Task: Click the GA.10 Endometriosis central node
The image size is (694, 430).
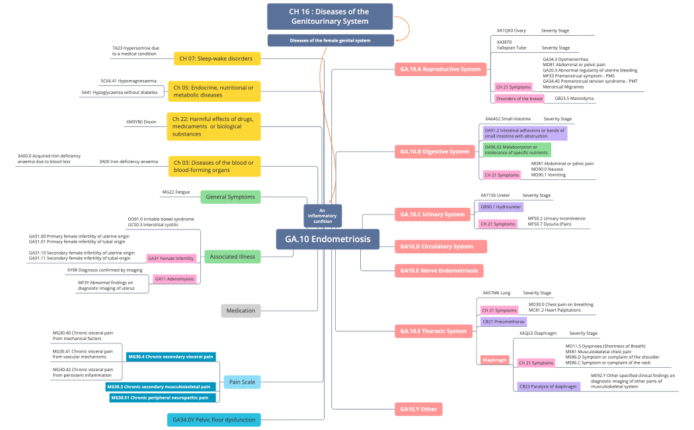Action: point(327,239)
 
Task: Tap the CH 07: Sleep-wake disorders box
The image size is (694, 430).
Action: point(217,58)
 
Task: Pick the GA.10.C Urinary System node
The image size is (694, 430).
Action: point(432,214)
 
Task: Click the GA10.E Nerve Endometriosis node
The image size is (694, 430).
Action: point(438,271)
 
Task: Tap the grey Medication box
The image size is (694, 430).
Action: point(241,311)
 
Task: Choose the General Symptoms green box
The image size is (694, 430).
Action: point(231,196)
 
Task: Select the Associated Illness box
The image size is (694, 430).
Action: point(232,256)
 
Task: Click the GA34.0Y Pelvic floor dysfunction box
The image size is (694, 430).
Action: point(213,419)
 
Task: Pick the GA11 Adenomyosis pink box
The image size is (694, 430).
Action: point(174,279)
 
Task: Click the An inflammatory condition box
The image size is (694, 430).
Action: point(323,215)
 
